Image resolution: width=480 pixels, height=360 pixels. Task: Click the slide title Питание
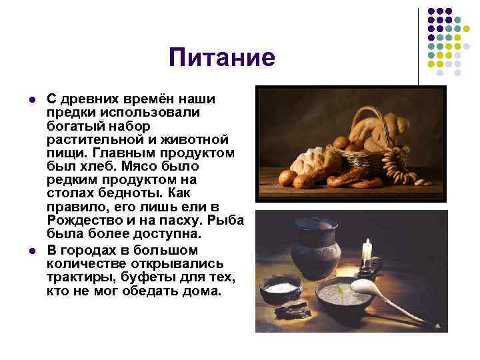pyautogui.click(x=221, y=58)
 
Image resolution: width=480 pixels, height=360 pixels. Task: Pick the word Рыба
pyautogui.click(x=227, y=221)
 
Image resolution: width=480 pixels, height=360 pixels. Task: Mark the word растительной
pyautogui.click(x=87, y=139)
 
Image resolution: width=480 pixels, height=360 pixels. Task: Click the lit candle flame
pyautogui.click(x=366, y=244)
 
